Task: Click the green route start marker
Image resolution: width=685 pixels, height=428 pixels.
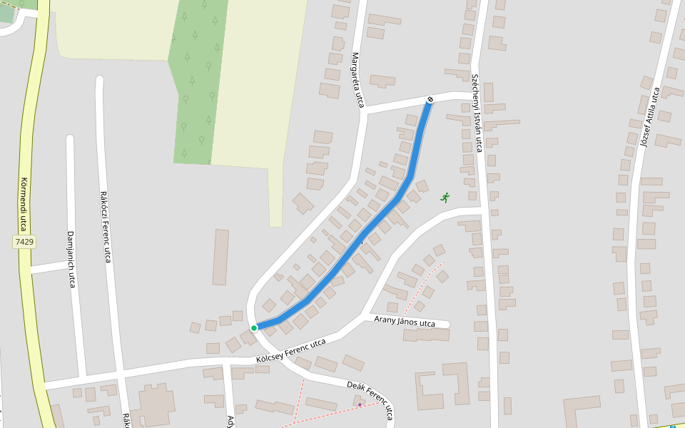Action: click(254, 328)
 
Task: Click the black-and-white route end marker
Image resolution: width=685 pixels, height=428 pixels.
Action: click(430, 99)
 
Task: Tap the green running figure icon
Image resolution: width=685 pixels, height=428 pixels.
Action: click(445, 197)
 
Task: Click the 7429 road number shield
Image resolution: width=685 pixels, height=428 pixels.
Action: click(24, 242)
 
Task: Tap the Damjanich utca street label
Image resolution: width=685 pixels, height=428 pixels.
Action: click(71, 258)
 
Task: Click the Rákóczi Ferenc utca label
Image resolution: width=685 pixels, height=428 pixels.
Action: click(105, 226)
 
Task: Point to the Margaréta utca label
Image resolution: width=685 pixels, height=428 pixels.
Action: click(357, 80)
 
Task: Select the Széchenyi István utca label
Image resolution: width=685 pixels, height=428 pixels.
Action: click(477, 113)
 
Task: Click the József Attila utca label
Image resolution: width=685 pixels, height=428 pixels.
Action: click(650, 117)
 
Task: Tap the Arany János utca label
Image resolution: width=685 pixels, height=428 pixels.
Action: click(405, 322)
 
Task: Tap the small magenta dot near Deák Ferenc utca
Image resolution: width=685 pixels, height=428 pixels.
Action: click(360, 404)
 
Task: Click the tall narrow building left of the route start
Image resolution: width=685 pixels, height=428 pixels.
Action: click(220, 257)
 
